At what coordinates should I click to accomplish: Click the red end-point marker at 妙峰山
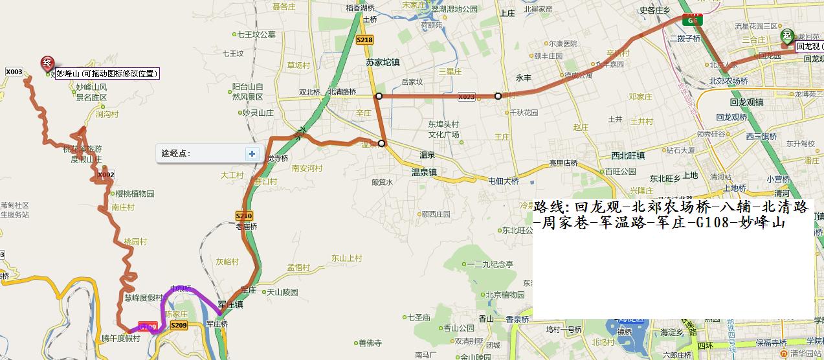coord(47,63)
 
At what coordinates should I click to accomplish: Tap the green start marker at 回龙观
coord(786,36)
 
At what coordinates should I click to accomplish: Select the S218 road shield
coord(364,40)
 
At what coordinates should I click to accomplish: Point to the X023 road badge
coord(466,97)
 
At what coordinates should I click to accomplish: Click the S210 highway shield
coord(243,216)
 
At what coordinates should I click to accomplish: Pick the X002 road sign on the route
coord(106,175)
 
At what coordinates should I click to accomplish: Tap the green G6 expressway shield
coord(693,20)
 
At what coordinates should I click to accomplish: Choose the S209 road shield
coord(179,325)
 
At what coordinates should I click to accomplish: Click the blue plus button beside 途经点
coord(252,153)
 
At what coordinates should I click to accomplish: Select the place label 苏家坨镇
coord(383,62)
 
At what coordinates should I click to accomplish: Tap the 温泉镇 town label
coord(425,173)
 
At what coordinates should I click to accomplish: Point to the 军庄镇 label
coord(230,304)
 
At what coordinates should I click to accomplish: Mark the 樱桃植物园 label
coord(135,194)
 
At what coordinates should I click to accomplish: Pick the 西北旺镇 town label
coord(628,155)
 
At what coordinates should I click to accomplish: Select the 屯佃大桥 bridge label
coord(504,181)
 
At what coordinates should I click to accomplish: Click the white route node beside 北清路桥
coord(379,96)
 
